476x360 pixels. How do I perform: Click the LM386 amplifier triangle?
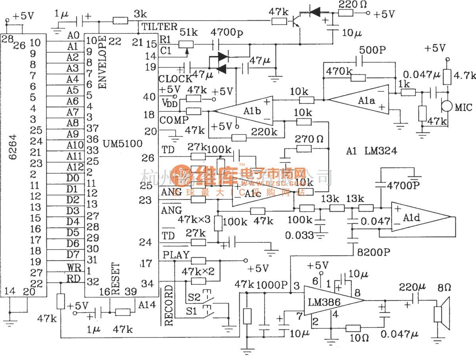(x=329, y=302)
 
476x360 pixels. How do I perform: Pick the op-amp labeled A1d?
(x=416, y=218)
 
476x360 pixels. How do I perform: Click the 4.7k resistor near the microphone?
(x=447, y=77)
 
